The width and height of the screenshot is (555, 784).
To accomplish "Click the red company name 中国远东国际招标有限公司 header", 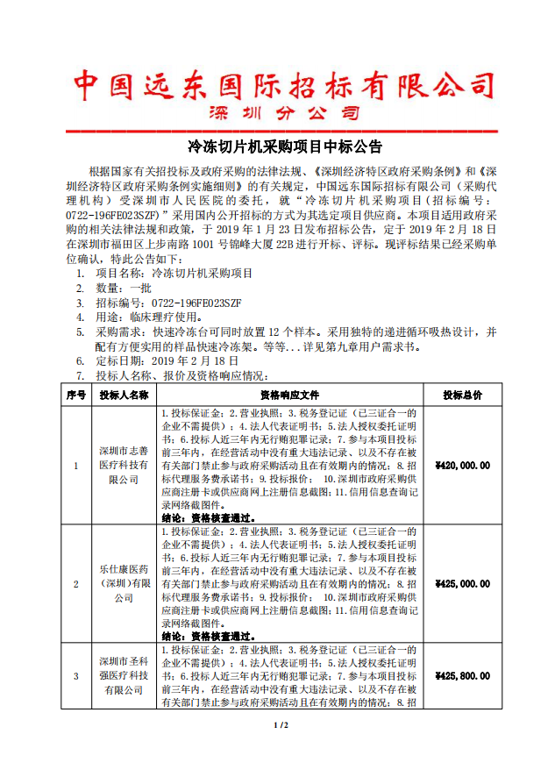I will (282, 86).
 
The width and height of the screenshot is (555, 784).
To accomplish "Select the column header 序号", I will (75, 396).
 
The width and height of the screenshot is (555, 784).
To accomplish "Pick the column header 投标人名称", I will (124, 396).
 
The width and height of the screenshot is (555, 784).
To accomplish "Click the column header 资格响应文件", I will (290, 396).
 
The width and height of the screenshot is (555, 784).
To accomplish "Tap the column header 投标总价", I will (462, 396).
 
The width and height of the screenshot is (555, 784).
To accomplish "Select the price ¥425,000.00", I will (462, 583).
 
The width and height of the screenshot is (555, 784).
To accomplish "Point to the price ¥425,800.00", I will (462, 676).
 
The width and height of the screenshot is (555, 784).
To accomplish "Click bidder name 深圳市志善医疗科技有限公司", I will (124, 466).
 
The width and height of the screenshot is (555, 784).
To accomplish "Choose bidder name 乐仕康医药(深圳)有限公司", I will (124, 583).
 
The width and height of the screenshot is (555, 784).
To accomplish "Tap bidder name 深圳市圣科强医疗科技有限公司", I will (124, 676).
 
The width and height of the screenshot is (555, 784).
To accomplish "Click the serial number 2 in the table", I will (75, 583).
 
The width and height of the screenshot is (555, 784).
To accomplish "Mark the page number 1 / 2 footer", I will (281, 725).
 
